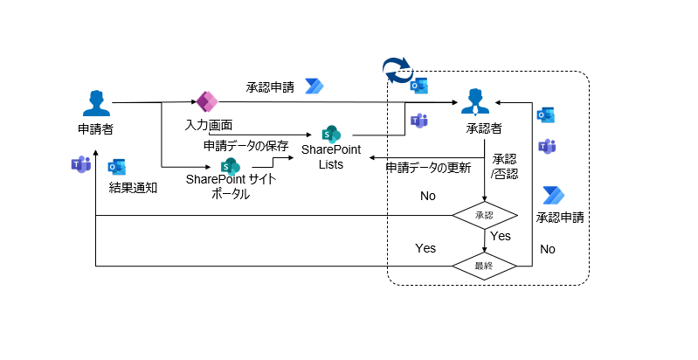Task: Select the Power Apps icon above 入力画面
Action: pyautogui.click(x=206, y=101)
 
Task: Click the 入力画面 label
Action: pyautogui.click(x=208, y=126)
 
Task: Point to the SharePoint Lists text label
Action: pyautogui.click(x=330, y=156)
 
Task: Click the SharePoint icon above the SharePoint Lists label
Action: pyautogui.click(x=330, y=134)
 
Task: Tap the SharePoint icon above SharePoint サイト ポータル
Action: pyautogui.click(x=230, y=165)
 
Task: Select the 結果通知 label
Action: pyautogui.click(x=133, y=187)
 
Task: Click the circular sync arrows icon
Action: pyautogui.click(x=398, y=71)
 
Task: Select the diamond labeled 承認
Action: pyautogui.click(x=484, y=215)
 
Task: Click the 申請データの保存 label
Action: pyautogui.click(x=245, y=145)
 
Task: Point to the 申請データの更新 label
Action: pyautogui.click(x=428, y=167)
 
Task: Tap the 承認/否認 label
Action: pyautogui.click(x=505, y=167)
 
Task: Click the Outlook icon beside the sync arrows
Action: pyautogui.click(x=418, y=85)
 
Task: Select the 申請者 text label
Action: pyautogui.click(x=95, y=129)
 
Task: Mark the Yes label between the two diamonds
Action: pyautogui.click(x=501, y=236)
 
